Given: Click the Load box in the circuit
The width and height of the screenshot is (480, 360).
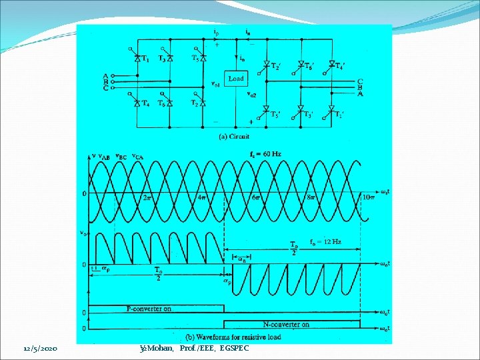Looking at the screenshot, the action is click(236, 78).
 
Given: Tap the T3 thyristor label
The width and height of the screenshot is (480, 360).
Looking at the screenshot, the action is click(162, 59).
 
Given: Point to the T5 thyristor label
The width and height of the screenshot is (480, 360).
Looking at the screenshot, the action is click(195, 58).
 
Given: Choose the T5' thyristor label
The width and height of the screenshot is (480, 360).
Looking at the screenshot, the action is click(275, 114).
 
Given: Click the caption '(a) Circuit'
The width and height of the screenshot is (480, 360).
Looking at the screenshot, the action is click(234, 136).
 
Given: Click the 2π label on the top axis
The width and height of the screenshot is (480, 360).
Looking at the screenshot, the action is click(147, 197).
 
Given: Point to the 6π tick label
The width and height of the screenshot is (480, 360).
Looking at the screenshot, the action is click(257, 197).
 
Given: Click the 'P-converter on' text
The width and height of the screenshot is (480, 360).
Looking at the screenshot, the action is click(149, 309).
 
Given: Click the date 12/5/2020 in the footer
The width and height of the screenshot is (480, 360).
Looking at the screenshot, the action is click(40, 349).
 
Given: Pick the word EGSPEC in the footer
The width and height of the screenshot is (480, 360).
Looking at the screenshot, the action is click(234, 349).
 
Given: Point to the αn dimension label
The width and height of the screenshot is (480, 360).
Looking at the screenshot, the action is click(241, 260).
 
